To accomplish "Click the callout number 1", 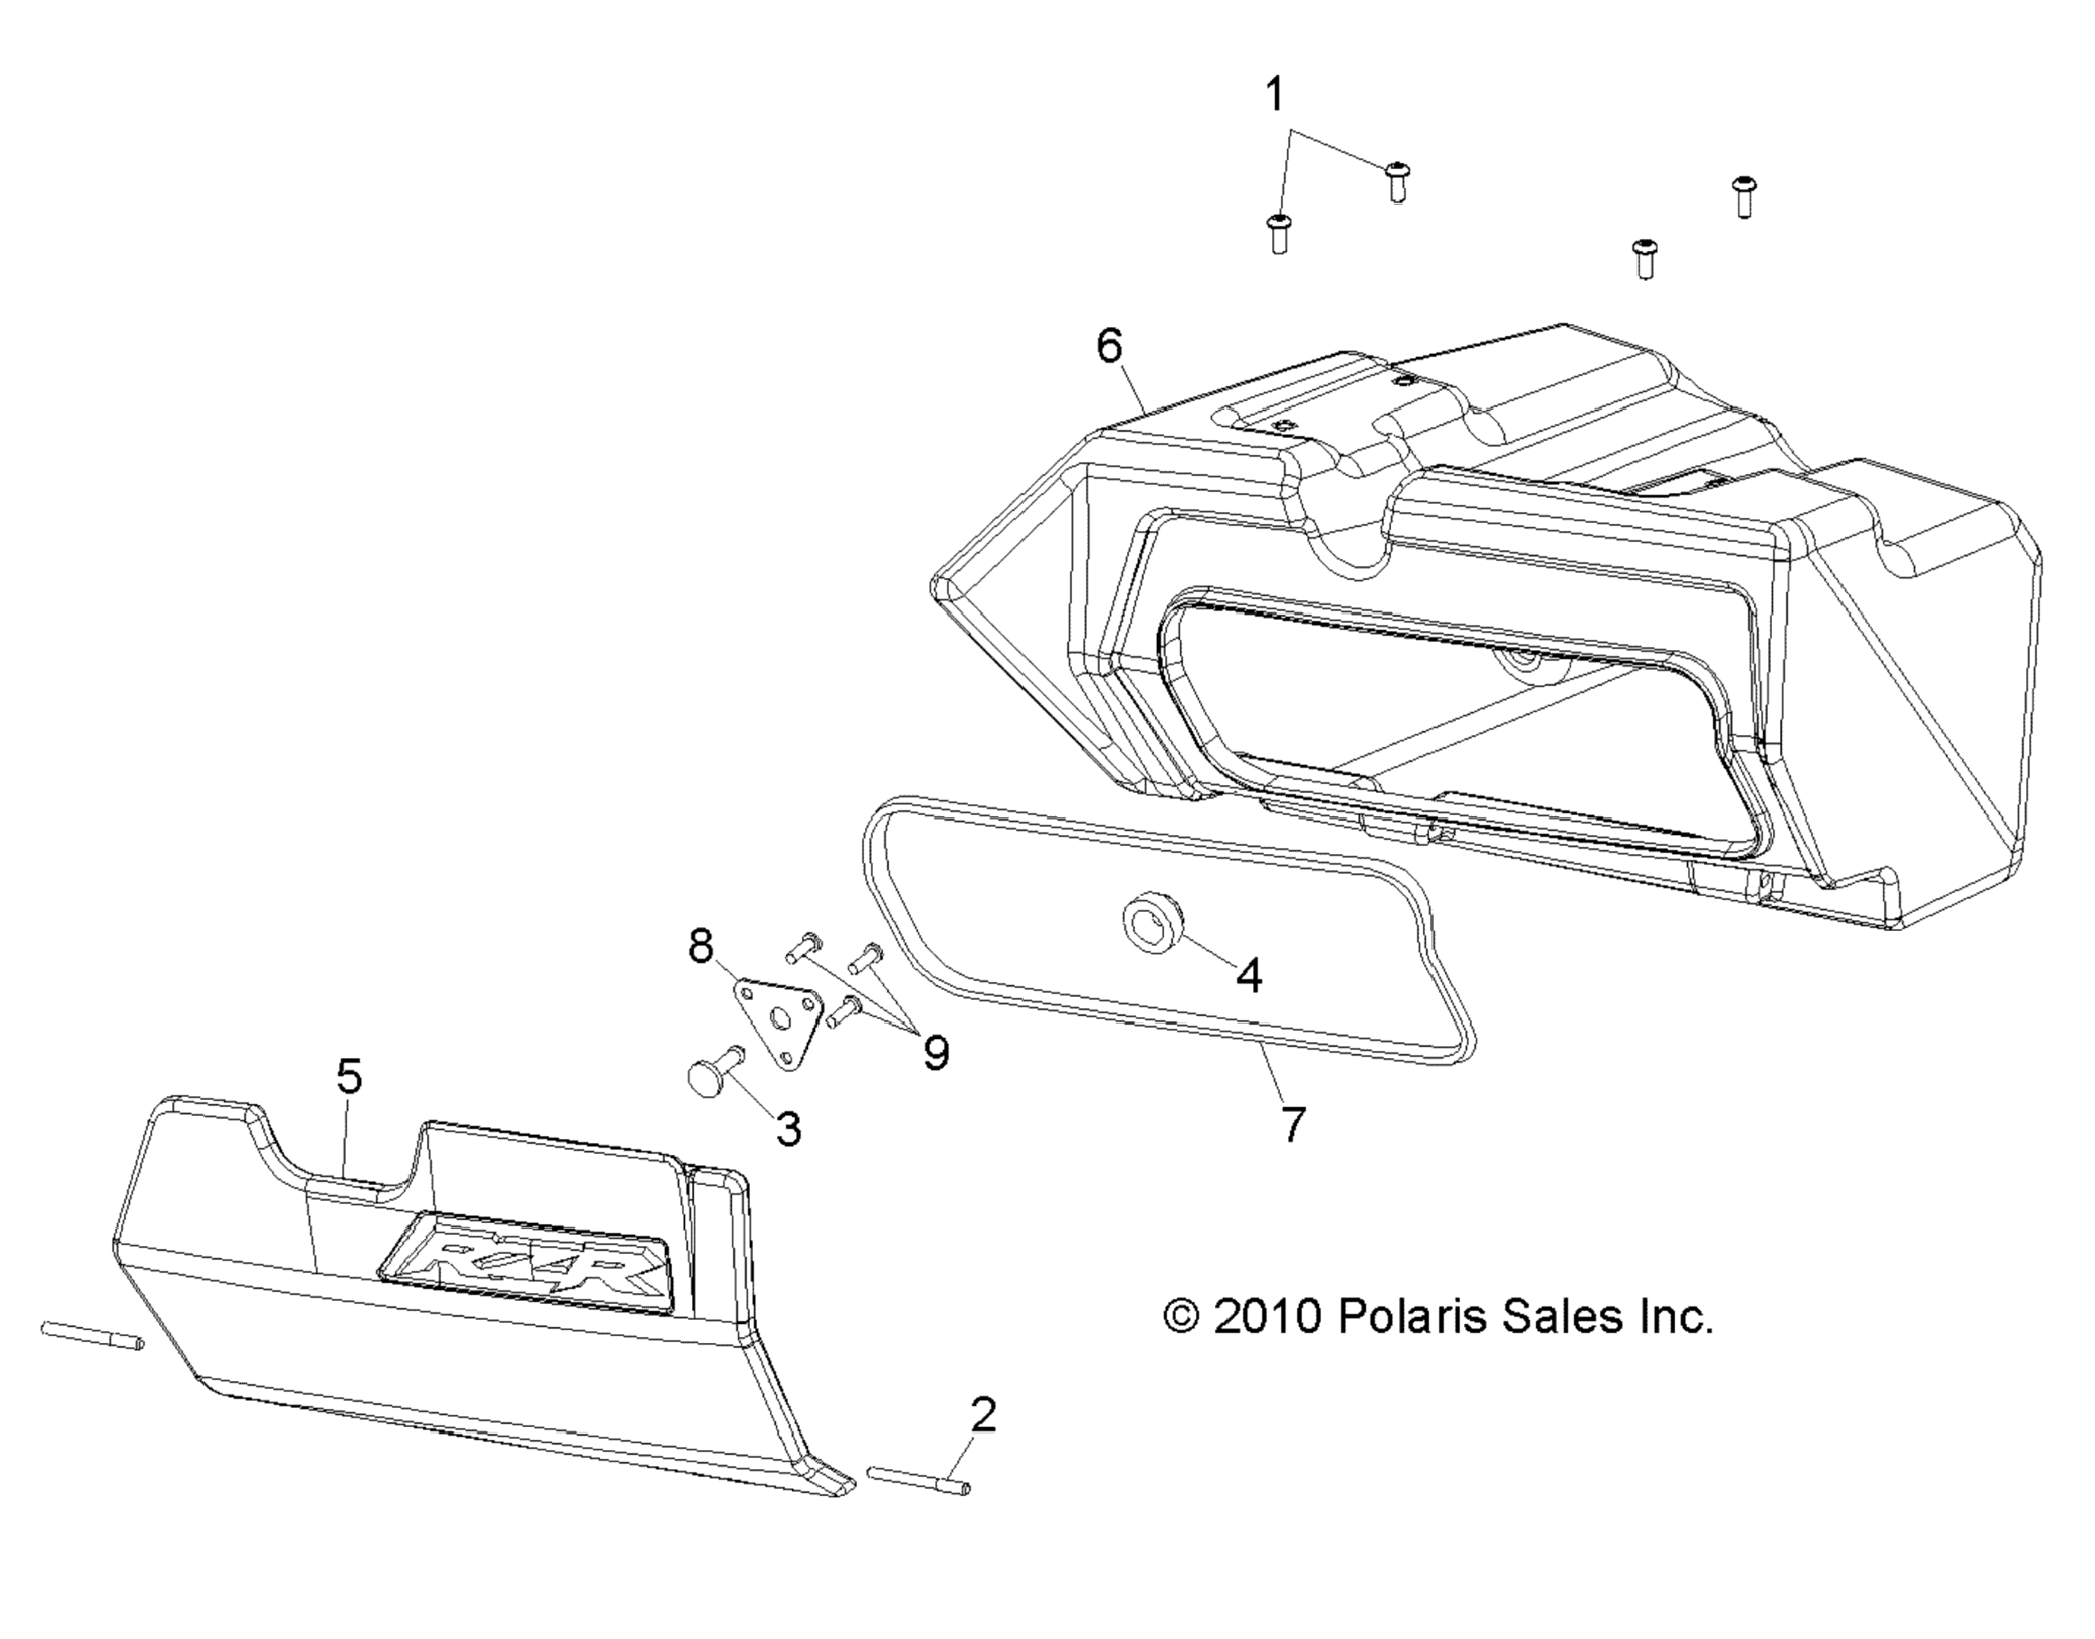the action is (x=1274, y=96).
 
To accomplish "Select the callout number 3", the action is (x=789, y=1130).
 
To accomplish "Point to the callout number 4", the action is (x=1249, y=977).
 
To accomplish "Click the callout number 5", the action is (x=349, y=1078).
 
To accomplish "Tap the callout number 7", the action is (x=1293, y=1124).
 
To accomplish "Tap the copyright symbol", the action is (x=1181, y=1318).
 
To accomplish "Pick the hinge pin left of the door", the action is (x=92, y=1336).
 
